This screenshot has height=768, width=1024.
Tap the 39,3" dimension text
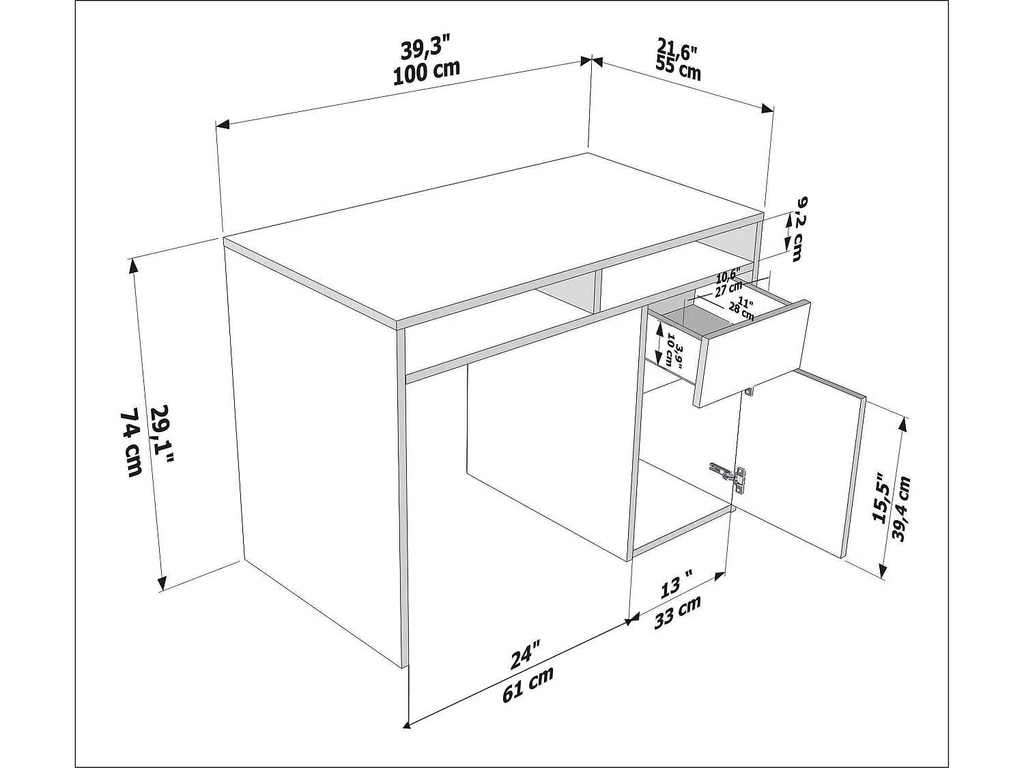425,49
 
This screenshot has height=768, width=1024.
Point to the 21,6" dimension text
677,49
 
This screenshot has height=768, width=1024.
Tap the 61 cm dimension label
528,683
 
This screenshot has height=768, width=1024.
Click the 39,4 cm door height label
902,509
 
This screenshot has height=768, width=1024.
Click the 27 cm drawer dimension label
728,287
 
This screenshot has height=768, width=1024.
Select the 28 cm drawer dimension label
741,311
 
